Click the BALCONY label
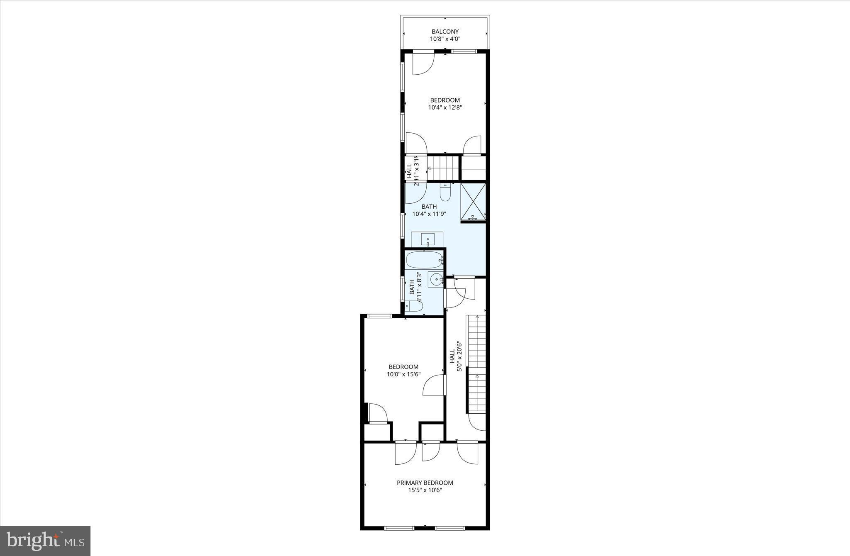pyautogui.click(x=445, y=32)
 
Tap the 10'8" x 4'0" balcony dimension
pyautogui.click(x=445, y=39)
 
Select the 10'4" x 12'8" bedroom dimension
pyautogui.click(x=445, y=107)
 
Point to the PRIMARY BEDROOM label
pyautogui.click(x=425, y=483)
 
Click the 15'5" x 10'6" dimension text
pyautogui.click(x=425, y=490)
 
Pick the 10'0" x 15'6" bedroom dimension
pyautogui.click(x=403, y=374)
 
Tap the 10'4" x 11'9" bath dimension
pyautogui.click(x=429, y=214)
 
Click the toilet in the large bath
pyautogui.click(x=445, y=193)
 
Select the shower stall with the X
pyautogui.click(x=473, y=202)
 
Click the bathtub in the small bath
pyautogui.click(x=424, y=260)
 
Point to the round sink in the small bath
pyautogui.click(x=436, y=280)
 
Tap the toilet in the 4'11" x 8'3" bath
pyautogui.click(x=413, y=306)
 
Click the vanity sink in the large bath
pyautogui.click(x=427, y=239)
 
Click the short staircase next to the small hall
pyautogui.click(x=443, y=168)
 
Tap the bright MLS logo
pyautogui.click(x=45, y=541)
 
